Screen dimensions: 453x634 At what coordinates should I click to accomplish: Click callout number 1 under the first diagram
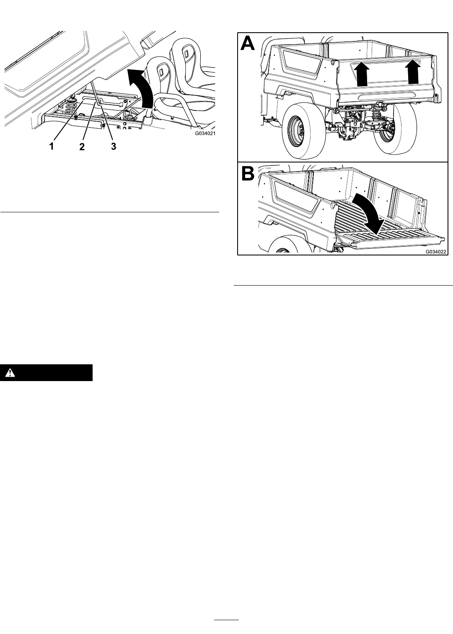[x=52, y=146]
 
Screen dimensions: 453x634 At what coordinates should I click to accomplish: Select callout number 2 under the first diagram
[x=82, y=146]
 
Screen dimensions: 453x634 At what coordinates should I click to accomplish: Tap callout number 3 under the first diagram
[x=113, y=146]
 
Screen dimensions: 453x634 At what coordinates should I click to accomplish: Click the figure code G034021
[x=205, y=133]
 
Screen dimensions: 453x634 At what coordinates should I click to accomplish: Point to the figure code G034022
[x=435, y=251]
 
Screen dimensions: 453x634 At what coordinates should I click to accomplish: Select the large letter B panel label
[x=248, y=173]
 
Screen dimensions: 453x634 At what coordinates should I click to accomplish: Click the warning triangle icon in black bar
[x=10, y=373]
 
